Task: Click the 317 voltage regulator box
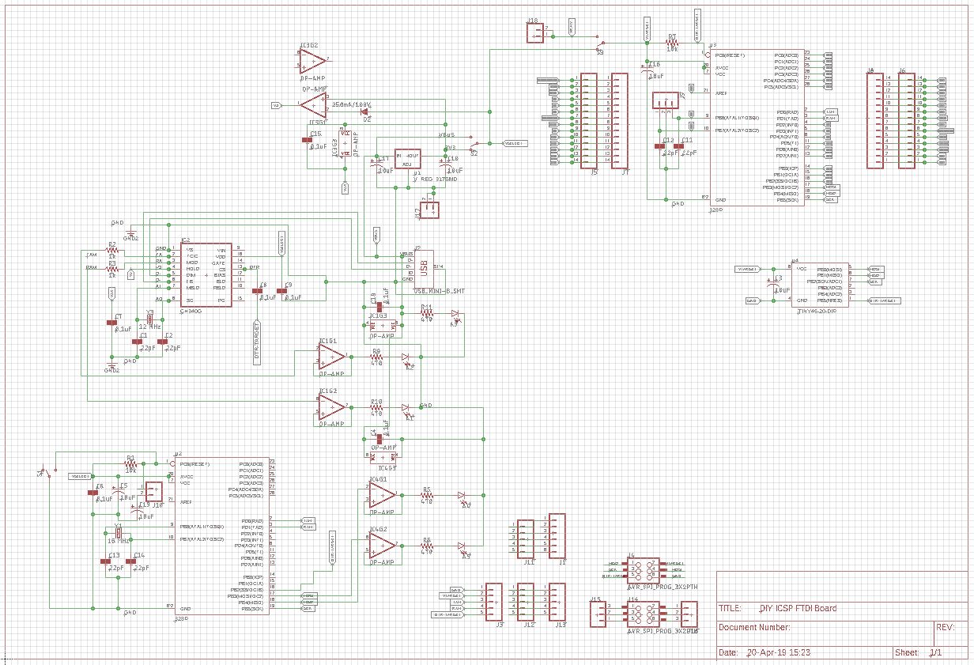407,159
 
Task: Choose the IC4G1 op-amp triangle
382,495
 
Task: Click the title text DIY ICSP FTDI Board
797,608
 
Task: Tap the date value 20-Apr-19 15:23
779,653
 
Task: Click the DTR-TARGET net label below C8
257,342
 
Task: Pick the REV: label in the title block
946,627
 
